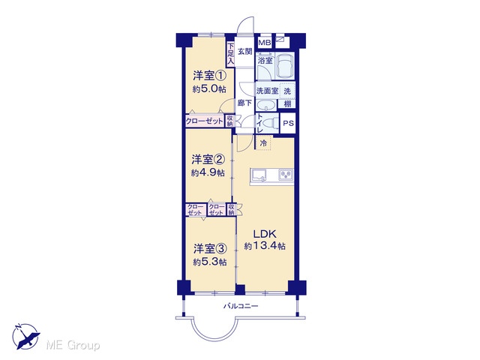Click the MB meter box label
[x=265, y=43]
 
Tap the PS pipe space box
[x=288, y=123]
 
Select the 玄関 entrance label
[x=244, y=52]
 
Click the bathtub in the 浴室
[x=285, y=65]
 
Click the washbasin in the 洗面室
[x=265, y=106]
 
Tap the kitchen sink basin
[x=259, y=175]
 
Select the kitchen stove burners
[x=286, y=175]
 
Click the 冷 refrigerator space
[x=263, y=143]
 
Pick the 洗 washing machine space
[x=287, y=91]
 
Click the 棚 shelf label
[x=287, y=104]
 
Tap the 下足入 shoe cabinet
[x=230, y=54]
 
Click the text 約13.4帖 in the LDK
[x=265, y=246]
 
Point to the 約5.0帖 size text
[x=209, y=88]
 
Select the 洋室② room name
[x=208, y=160]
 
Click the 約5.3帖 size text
[x=210, y=262]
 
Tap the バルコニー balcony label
[x=241, y=306]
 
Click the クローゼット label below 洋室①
[x=205, y=121]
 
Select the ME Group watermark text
[x=73, y=346]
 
